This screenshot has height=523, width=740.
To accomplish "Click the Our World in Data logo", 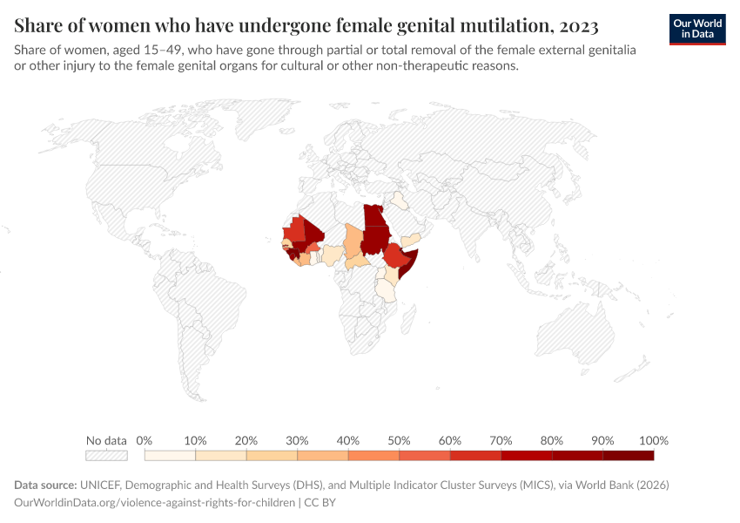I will [696, 28].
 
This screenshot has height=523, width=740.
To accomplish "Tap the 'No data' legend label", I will [106, 440].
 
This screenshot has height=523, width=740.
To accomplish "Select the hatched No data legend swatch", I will [106, 455].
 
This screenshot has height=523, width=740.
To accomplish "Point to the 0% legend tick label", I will [145, 440].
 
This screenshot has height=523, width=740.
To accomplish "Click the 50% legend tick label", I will [399, 440].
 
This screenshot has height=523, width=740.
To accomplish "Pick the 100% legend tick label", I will [653, 440].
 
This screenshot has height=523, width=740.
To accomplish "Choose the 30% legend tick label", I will [297, 440].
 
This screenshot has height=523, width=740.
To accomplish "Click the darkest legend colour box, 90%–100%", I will [628, 455].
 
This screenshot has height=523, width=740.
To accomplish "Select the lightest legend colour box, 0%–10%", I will [170, 455].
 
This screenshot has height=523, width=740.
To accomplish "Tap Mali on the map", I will [309, 235].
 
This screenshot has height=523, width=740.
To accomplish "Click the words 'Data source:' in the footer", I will [45, 485].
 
